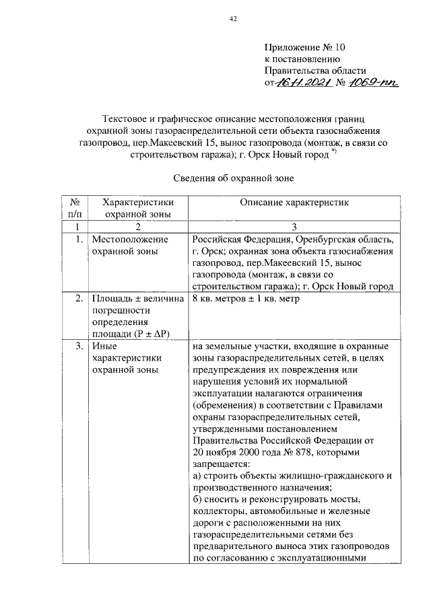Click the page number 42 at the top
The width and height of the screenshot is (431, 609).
[x=233, y=20]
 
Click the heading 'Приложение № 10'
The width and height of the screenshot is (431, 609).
[x=305, y=48]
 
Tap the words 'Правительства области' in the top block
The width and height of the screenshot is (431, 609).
[x=315, y=71]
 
